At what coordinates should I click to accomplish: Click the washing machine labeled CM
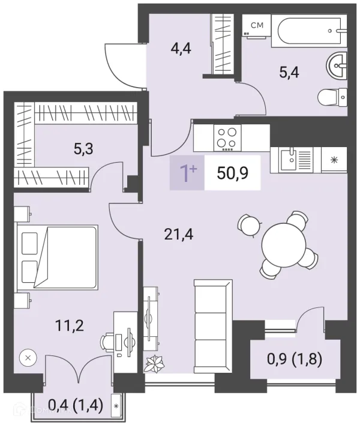(x=257, y=25)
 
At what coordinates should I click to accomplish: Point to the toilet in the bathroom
(x=332, y=98)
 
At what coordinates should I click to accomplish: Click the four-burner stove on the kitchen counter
(x=227, y=137)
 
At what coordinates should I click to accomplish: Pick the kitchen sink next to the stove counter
(x=296, y=160)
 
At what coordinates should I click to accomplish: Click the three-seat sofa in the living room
(x=214, y=326)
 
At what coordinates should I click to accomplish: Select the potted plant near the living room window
(x=154, y=363)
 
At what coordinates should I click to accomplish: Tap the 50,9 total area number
(x=232, y=173)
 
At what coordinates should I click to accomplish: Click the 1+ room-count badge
(x=187, y=173)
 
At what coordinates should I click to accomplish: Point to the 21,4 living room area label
(x=179, y=234)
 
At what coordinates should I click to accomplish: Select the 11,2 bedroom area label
(x=70, y=325)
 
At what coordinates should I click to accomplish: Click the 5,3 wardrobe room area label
(x=83, y=149)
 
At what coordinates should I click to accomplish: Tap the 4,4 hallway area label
(x=181, y=49)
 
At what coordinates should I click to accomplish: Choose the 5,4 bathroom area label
(x=289, y=73)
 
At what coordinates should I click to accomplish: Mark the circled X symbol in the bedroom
(x=28, y=358)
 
